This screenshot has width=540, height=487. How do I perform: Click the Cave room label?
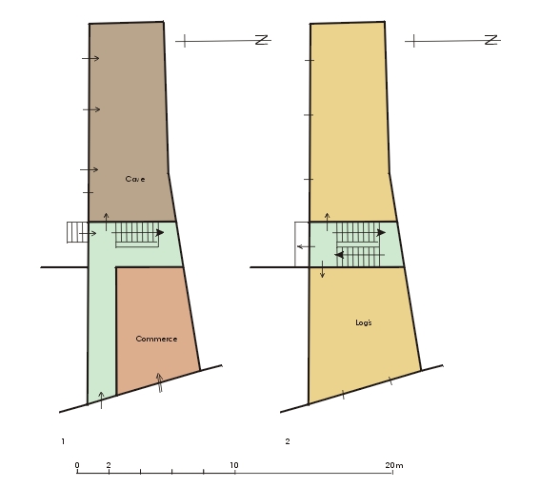coord(135,179)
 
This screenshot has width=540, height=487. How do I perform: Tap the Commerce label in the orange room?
coord(156,339)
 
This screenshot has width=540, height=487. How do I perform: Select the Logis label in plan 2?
coord(364,322)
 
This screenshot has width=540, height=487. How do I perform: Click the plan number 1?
coord(63,441)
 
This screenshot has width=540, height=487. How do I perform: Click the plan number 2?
coord(288,441)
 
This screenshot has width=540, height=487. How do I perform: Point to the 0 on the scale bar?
coord(77,465)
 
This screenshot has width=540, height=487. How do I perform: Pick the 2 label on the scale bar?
coord(109,465)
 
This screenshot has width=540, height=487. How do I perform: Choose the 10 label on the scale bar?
coord(234,465)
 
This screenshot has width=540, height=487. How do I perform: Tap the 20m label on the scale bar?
coord(394,465)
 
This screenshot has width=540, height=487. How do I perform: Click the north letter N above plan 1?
coord(262,40)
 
